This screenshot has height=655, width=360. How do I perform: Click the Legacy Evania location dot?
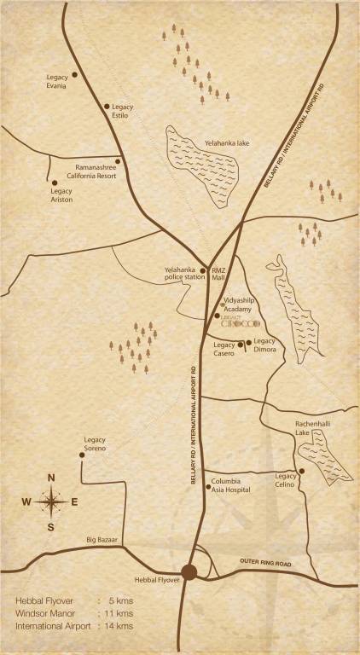(x=74, y=75)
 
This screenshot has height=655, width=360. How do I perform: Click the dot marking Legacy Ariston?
(x=55, y=182)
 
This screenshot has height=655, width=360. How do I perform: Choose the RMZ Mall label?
(x=218, y=273)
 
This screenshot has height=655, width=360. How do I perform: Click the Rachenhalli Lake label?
(x=308, y=429)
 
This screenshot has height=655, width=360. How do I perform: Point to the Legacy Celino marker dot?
(x=302, y=470)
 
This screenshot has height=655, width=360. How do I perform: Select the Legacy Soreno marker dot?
(x=82, y=455)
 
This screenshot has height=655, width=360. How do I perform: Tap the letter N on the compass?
(x=51, y=478)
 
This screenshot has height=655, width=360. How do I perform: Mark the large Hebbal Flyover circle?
(x=189, y=572)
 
